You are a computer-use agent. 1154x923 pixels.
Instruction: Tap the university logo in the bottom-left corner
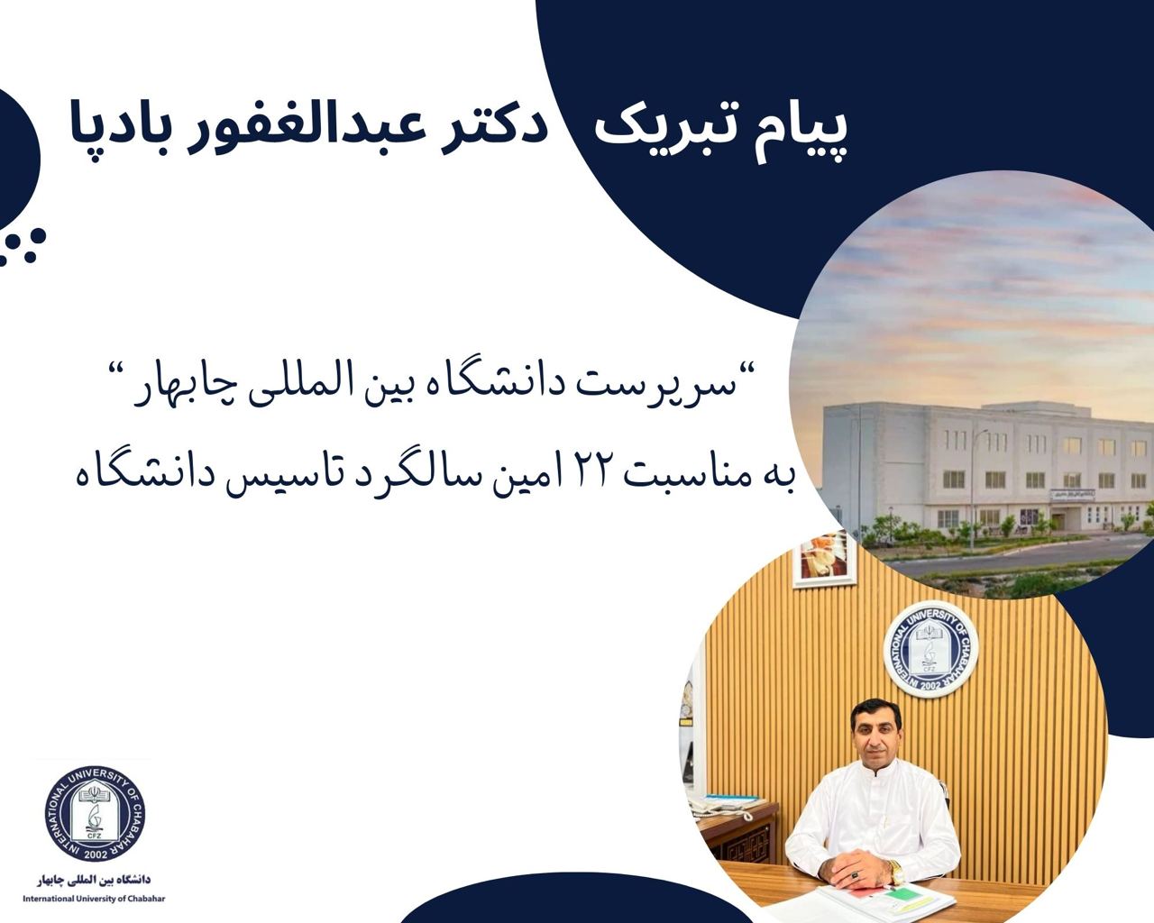[x=95, y=815]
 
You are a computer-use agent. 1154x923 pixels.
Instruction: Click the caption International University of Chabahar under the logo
[x=95, y=899]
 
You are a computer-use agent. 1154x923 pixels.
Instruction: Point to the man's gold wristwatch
[x=895, y=871]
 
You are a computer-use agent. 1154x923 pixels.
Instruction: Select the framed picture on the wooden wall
[x=823, y=559]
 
